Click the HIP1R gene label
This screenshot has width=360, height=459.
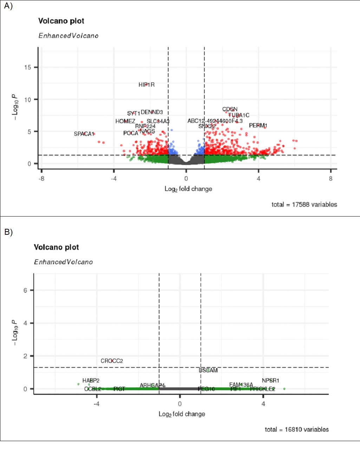[146, 85]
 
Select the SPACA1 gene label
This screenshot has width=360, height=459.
[84, 134]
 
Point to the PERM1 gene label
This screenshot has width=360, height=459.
[258, 125]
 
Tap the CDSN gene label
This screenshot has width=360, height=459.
[230, 109]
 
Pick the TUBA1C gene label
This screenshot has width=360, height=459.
[239, 115]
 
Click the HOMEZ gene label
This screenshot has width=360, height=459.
[125, 121]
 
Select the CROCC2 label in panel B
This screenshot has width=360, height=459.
[112, 361]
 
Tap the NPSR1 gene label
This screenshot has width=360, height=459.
[270, 380]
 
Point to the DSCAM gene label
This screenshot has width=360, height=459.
[208, 370]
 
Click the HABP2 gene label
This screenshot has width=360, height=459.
[91, 380]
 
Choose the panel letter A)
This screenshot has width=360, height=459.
[8, 6]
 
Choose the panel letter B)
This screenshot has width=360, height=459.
[8, 232]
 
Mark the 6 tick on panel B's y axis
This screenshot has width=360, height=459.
[25, 290]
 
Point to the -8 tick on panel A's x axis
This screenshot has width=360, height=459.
[41, 179]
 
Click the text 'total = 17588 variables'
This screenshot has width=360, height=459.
[304, 205]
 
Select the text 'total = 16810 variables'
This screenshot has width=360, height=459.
[297, 430]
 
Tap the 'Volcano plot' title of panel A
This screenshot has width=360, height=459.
[61, 21]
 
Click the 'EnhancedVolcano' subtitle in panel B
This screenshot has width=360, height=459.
[63, 262]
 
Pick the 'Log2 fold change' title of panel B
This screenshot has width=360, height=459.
[182, 414]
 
